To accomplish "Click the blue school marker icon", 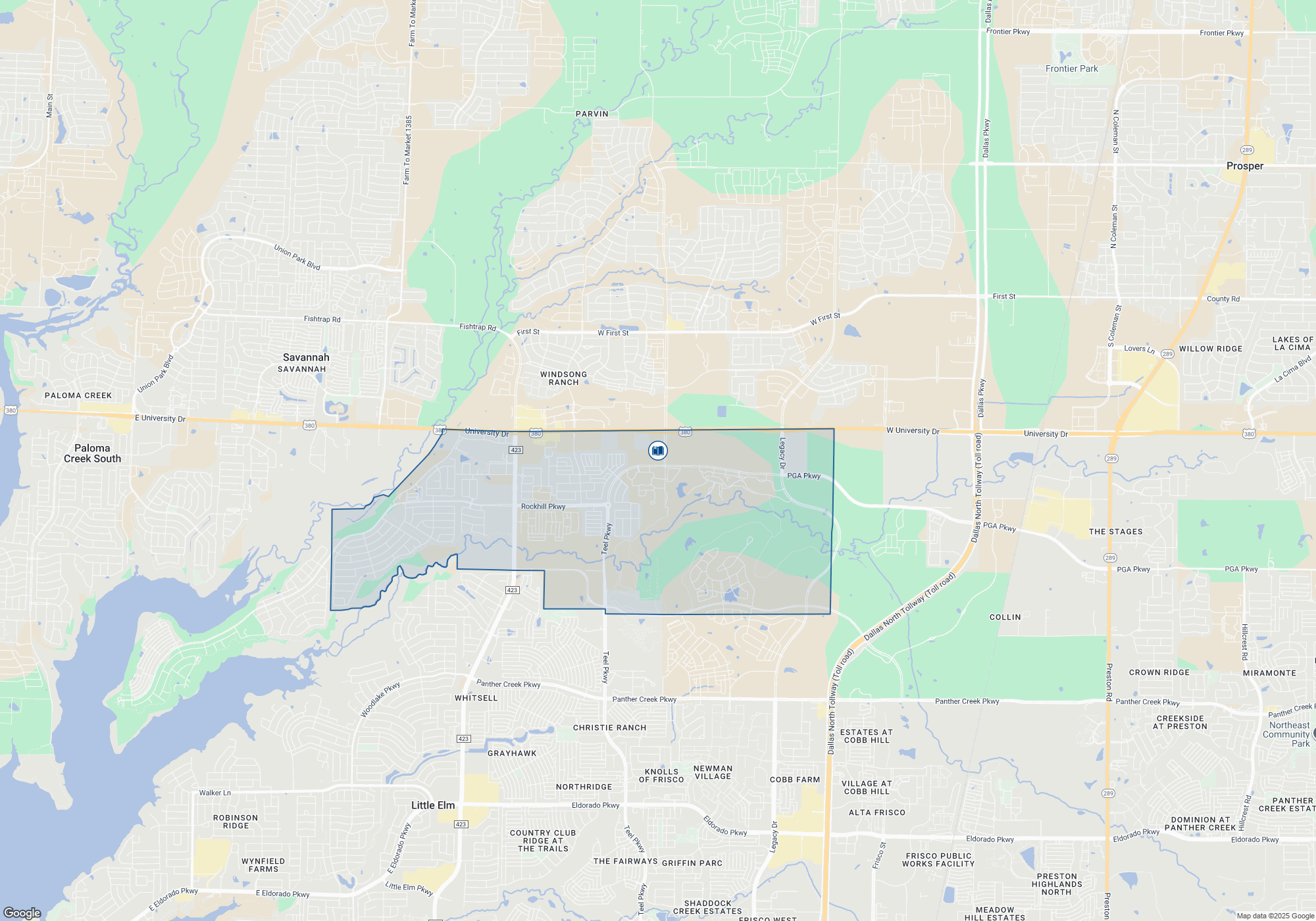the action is (x=657, y=451).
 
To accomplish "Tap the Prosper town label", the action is (x=1244, y=166).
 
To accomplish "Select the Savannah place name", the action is (x=306, y=358).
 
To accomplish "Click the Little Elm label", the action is (x=432, y=805).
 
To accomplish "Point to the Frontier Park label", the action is (x=1071, y=69).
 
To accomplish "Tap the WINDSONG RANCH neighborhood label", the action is (x=563, y=378).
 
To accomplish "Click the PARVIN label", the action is (x=592, y=114).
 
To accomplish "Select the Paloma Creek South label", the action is (x=92, y=453).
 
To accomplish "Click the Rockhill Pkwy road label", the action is (x=543, y=507).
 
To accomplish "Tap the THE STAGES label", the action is (x=1115, y=532).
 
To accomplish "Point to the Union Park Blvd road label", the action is (x=297, y=257).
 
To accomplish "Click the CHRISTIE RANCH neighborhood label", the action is (x=609, y=728).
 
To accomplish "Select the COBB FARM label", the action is (x=795, y=780).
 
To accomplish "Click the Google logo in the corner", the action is (x=22, y=912).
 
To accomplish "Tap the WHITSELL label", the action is (x=476, y=698).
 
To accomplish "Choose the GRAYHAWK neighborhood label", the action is (x=512, y=753).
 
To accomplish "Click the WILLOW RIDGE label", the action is (x=1210, y=349).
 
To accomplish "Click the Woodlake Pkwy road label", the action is (x=380, y=700).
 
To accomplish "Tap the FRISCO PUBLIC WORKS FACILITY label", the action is (x=938, y=860).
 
